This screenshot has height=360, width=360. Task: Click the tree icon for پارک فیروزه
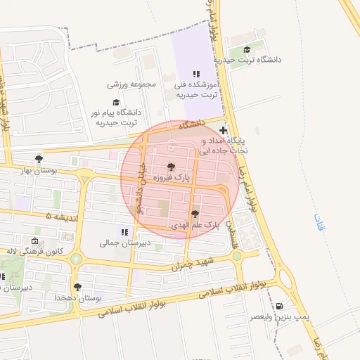pyautogui.click(x=171, y=167)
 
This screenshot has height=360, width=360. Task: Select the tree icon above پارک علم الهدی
pyautogui.click(x=195, y=213)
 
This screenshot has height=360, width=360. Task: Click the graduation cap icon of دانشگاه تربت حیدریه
pyautogui.click(x=247, y=49)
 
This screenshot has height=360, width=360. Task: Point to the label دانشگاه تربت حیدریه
pyautogui.click(x=257, y=60)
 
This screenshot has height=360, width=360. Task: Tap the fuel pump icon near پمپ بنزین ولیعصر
pyautogui.click(x=281, y=306)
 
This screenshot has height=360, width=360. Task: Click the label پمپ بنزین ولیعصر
pyautogui.click(x=277, y=318)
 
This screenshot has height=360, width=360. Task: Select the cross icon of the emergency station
pyautogui.click(x=224, y=130)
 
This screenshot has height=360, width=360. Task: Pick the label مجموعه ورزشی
pyautogui.click(x=131, y=84)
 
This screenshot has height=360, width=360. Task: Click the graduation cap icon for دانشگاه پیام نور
pyautogui.click(x=116, y=102)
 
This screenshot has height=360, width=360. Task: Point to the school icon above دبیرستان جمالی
pyautogui.click(x=124, y=231)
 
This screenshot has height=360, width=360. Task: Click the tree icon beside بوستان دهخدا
pyautogui.click(x=77, y=287)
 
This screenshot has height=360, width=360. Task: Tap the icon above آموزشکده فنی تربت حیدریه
pyautogui.click(x=196, y=74)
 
